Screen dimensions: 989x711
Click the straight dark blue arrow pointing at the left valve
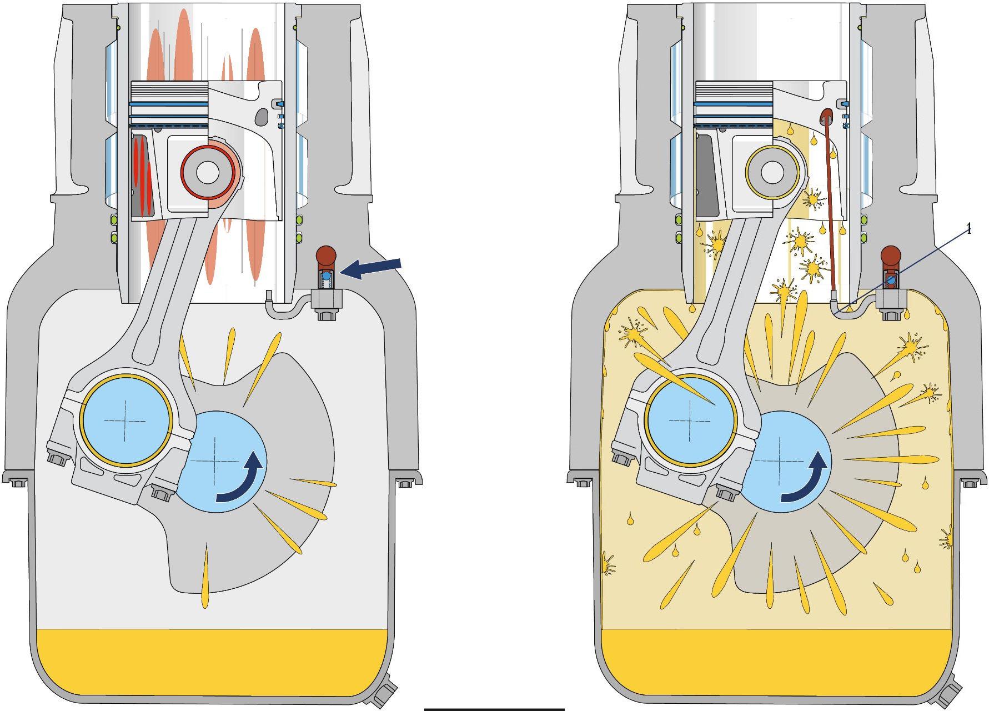[x=370, y=268]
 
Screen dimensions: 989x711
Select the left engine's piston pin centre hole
[x=207, y=173]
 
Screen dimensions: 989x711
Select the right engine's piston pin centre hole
[x=772, y=173]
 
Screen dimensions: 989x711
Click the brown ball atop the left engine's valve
[x=326, y=256]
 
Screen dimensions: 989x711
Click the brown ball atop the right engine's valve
[x=891, y=256]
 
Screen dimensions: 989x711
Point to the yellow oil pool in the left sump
[x=211, y=661]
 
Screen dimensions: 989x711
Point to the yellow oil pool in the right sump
[x=776, y=661]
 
